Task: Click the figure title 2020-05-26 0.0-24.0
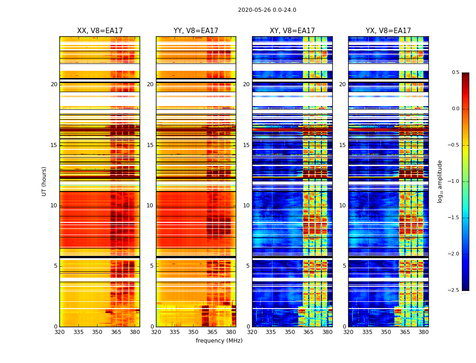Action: tap(267, 10)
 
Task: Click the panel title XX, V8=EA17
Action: tap(100, 31)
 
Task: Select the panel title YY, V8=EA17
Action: tap(196, 31)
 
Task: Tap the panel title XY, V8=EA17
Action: tap(292, 31)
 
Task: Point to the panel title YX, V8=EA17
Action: tap(388, 31)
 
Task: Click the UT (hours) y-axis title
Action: tap(44, 181)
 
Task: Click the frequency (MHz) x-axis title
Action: tap(219, 341)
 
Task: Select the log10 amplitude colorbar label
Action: tap(440, 181)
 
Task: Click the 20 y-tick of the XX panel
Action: tap(54, 84)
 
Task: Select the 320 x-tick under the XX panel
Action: tap(59, 332)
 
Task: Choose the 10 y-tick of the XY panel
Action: tap(246, 206)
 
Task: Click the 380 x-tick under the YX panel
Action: tap(423, 332)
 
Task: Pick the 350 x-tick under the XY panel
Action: tap(290, 332)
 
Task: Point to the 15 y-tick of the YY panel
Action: tap(150, 145)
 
